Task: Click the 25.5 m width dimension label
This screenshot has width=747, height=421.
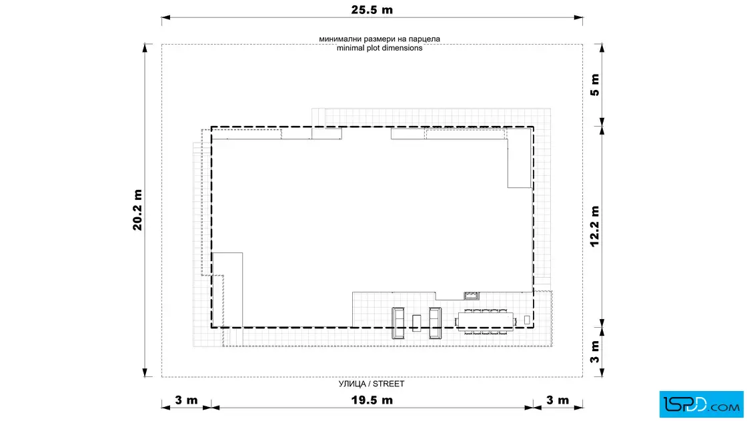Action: click(371, 10)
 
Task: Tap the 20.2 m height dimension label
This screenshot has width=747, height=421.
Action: click(137, 210)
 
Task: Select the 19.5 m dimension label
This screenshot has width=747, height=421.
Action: click(371, 400)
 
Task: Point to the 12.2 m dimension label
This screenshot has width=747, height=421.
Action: click(594, 226)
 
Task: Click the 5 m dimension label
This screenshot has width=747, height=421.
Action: click(594, 85)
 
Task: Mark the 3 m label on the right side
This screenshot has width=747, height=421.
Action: click(594, 352)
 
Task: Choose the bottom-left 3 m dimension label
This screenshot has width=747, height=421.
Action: click(186, 400)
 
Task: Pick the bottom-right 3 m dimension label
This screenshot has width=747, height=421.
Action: click(557, 400)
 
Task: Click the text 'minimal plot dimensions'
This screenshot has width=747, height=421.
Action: click(380, 48)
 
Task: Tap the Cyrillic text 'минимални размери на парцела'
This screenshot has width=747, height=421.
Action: click(380, 39)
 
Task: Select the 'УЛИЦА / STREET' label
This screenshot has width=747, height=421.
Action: click(371, 384)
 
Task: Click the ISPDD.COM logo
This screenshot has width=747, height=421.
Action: click(701, 404)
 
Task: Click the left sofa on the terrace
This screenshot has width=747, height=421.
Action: click(398, 323)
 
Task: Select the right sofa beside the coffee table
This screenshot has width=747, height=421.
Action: click(435, 323)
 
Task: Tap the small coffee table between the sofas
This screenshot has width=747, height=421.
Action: click(416, 323)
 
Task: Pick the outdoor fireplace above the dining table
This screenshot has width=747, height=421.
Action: click(471, 296)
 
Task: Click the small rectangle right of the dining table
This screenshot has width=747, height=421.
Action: click(527, 320)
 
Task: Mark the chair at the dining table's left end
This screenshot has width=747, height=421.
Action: click(456, 321)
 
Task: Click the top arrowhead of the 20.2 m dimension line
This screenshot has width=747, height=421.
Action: click(145, 47)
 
